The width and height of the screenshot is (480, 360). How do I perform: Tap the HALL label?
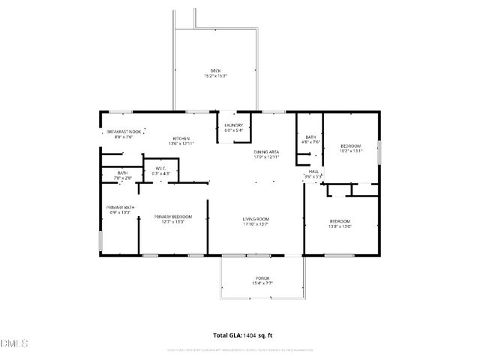(313, 172)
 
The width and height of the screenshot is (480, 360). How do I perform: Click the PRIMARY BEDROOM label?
(173, 217)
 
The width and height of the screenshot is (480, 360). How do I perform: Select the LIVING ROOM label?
(256, 219)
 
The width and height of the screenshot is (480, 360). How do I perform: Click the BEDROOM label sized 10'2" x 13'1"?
(351, 145)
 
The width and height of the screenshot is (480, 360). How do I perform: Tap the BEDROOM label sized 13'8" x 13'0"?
(340, 221)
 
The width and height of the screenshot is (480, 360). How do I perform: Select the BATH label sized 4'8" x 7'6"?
(310, 136)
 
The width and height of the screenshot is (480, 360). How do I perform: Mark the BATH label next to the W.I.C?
(122, 173)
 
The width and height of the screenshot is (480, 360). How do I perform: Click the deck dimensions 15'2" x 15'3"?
(215, 76)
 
